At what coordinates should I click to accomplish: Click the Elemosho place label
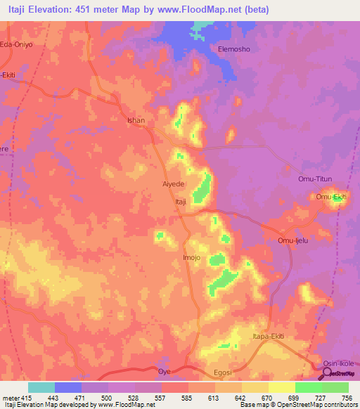[235, 49]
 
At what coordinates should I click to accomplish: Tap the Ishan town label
[136, 120]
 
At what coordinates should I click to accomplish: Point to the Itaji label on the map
[180, 202]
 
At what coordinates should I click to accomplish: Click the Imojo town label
[192, 258]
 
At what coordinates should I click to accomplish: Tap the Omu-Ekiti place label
[331, 197]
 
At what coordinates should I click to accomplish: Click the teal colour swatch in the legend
[41, 387]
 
